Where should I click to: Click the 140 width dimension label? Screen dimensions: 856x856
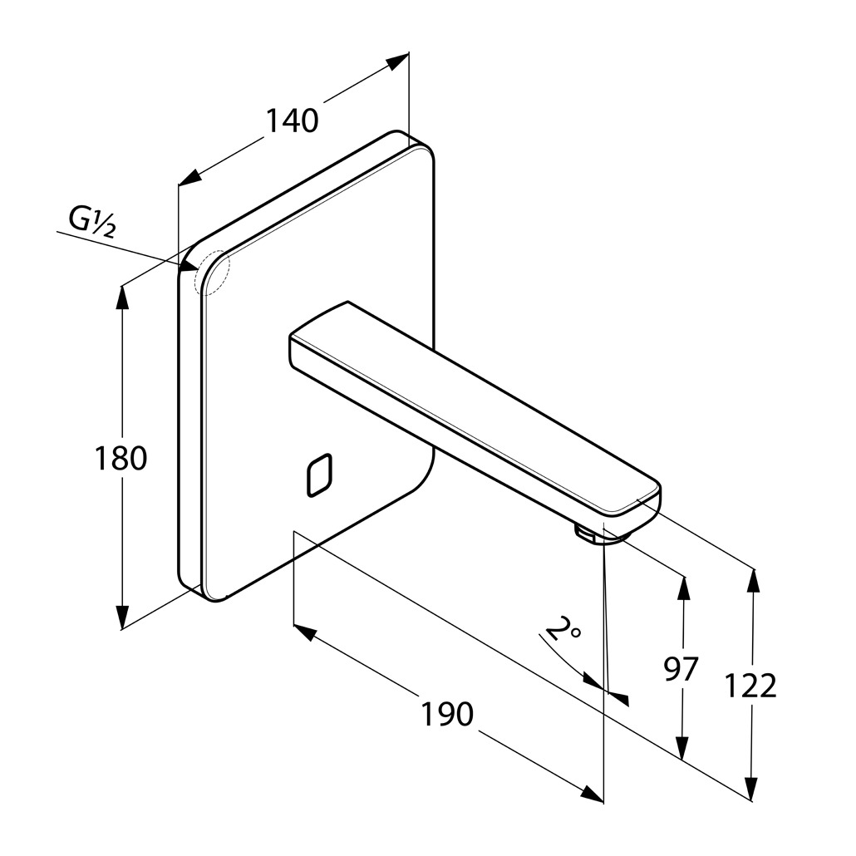coord(293,121)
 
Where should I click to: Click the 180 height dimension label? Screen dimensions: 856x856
coord(121,458)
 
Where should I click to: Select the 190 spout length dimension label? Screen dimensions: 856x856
coord(446,713)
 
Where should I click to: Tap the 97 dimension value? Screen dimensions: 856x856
coord(681,668)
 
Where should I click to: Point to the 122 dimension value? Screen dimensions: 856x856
coord(750,686)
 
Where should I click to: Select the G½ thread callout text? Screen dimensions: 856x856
coord(91,223)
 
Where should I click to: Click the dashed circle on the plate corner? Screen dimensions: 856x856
coord(210,272)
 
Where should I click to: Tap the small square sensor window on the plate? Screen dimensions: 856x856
coord(319,475)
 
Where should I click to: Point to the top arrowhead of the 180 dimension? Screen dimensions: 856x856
coord(122,296)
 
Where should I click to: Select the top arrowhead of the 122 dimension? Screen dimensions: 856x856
coord(752,578)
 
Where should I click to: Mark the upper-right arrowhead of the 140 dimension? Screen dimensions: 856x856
coord(400,61)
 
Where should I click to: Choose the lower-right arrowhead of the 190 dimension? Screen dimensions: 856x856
coord(593,795)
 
